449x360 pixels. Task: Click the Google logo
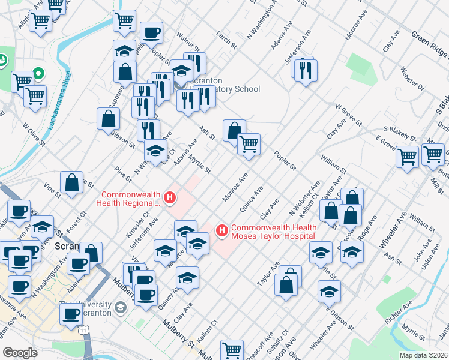click(x=20, y=352)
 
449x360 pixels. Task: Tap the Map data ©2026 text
click(x=423, y=355)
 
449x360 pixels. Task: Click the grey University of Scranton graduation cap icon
click(x=121, y=308)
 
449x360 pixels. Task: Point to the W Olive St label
click(x=34, y=135)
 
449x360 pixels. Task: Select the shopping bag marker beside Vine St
click(x=71, y=182)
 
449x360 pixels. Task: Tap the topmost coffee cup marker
click(x=151, y=31)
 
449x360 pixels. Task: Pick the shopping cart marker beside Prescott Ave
click(x=232, y=349)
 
